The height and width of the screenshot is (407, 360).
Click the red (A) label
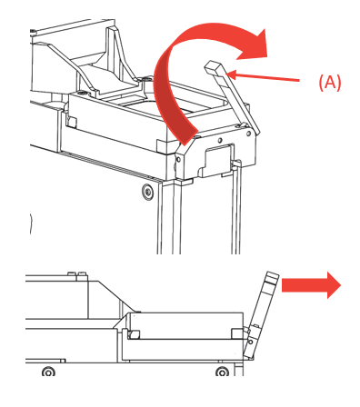330,82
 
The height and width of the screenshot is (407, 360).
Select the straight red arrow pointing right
311,285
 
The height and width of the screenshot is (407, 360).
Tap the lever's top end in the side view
272,277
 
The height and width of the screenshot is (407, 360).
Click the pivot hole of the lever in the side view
251,342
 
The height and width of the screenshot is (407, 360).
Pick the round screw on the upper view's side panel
147,191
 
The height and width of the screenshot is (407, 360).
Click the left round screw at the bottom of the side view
48,372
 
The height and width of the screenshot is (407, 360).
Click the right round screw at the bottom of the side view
222,372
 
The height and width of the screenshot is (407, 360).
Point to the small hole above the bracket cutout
220,140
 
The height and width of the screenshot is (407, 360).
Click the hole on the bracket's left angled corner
178,159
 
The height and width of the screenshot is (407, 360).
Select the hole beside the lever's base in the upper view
249,133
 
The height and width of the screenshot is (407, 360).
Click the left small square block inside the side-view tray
134,334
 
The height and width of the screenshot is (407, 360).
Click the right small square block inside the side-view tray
237,333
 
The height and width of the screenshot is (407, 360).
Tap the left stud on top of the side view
72,273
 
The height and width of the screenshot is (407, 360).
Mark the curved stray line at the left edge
31,223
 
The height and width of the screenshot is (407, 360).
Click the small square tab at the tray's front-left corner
72,122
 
